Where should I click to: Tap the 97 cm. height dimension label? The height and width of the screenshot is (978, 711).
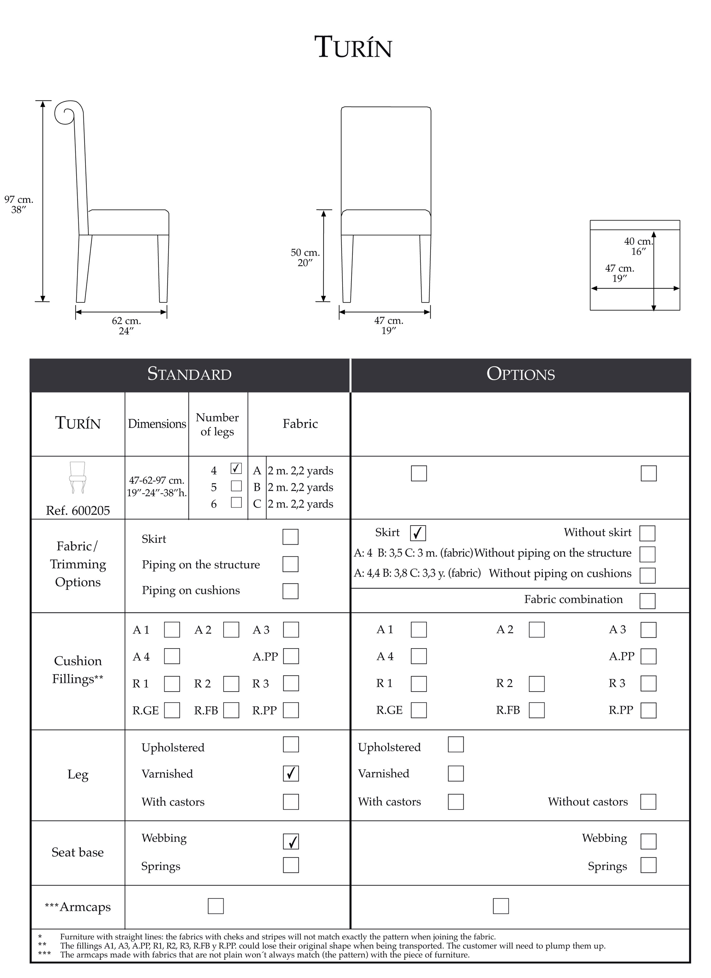click(x=19, y=204)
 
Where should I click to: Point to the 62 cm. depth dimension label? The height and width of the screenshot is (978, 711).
click(x=126, y=326)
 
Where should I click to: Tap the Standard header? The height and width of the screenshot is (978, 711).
click(x=189, y=374)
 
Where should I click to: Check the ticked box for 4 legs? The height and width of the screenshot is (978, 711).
click(x=236, y=468)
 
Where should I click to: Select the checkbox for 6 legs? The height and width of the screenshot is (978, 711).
click(x=236, y=502)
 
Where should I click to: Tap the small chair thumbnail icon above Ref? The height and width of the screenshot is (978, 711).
click(x=78, y=477)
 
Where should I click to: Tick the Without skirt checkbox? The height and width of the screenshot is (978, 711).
click(x=647, y=533)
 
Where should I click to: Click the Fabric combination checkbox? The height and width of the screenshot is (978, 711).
click(x=647, y=601)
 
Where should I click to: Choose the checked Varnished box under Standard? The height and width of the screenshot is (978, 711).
click(x=291, y=774)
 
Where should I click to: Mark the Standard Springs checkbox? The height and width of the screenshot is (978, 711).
click(x=291, y=865)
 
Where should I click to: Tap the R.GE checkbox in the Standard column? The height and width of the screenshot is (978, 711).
click(x=172, y=710)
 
